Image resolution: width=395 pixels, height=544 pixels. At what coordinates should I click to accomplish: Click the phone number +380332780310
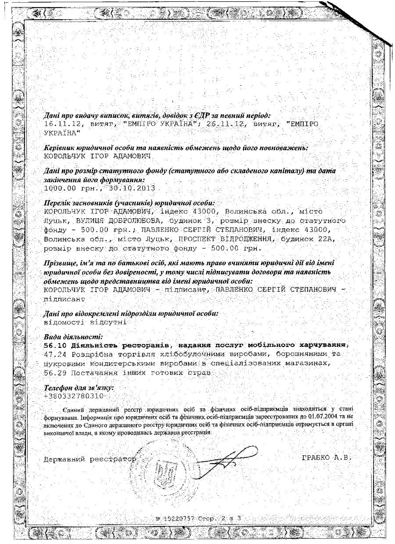pos(69,396)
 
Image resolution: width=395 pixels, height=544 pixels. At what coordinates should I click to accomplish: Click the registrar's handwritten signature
pos(228,457)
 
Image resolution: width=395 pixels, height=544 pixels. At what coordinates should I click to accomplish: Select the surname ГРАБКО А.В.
pos(327,458)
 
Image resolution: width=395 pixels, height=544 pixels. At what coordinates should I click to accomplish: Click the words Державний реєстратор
pos(90,459)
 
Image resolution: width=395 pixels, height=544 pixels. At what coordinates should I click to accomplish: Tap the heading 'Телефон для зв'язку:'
pos(79,388)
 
